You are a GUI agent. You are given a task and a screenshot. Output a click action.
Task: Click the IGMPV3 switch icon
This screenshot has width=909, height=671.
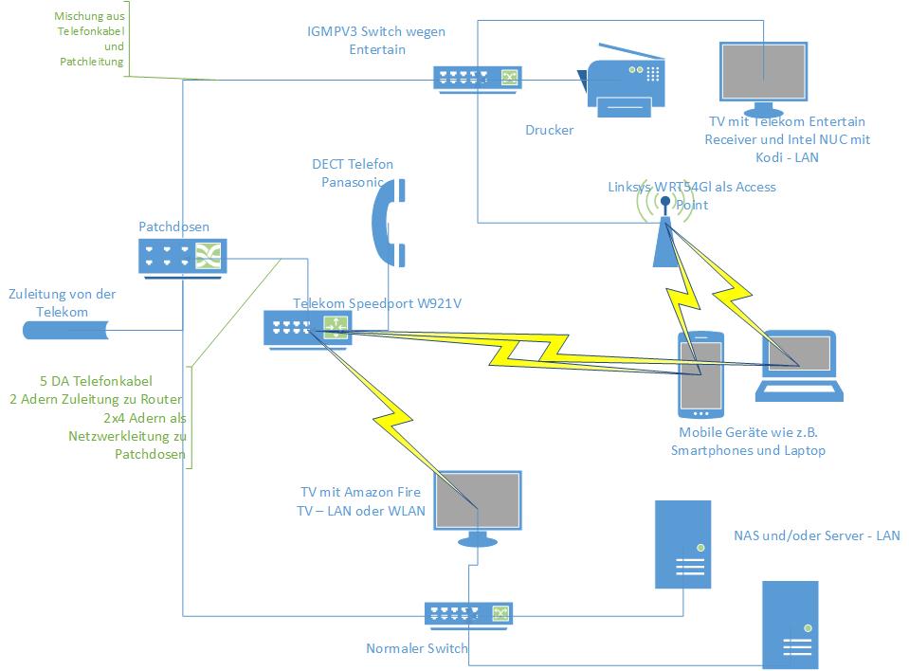[x=478, y=78]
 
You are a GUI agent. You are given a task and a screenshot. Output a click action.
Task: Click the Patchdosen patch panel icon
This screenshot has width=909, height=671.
[x=183, y=256]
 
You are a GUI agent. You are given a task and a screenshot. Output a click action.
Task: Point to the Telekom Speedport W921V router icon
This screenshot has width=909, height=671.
[x=308, y=326]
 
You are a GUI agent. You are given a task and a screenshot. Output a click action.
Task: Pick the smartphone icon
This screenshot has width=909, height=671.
[x=700, y=374]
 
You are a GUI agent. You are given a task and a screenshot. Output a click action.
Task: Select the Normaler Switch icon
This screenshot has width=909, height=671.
[x=468, y=613]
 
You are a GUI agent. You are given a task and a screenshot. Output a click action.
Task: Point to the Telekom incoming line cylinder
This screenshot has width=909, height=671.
[x=66, y=330]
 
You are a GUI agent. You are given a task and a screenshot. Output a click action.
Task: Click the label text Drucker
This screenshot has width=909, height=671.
[x=550, y=130]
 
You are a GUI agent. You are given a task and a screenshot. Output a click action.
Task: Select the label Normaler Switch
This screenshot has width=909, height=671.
[x=417, y=649]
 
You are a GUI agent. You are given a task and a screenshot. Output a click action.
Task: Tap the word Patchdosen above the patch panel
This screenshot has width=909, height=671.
[x=174, y=227]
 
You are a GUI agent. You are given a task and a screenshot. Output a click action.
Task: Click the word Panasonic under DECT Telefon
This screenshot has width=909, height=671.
[x=353, y=182]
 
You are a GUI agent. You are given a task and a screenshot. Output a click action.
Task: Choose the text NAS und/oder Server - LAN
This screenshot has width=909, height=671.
[x=816, y=535]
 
